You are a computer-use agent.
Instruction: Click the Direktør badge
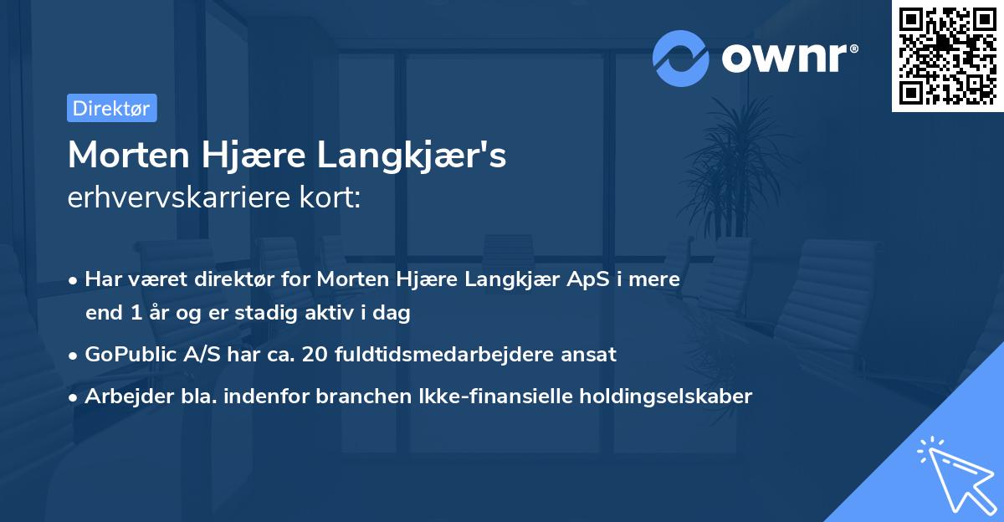[111, 108]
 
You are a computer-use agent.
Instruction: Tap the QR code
[948, 56]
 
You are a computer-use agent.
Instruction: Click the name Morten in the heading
[128, 156]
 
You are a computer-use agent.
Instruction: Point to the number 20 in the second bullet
[315, 354]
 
